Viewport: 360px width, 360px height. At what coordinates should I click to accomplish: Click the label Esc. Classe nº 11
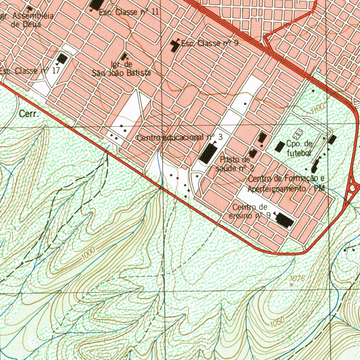129,12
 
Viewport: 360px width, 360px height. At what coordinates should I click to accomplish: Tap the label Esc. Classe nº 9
210,44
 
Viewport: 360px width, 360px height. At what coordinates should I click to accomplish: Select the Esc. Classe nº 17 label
30,71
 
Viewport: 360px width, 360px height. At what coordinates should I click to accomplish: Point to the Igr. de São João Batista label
121,69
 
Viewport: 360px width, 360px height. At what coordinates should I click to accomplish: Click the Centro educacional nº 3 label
180,137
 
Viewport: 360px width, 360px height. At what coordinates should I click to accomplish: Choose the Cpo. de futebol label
299,148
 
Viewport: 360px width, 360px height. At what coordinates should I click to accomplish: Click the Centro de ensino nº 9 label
250,211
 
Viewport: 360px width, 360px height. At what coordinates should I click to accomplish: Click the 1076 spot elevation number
297,278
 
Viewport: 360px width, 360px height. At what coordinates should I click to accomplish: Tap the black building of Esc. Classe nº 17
62,59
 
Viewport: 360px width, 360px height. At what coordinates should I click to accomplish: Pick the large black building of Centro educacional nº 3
208,153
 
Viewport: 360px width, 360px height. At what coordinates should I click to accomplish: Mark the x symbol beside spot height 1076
291,284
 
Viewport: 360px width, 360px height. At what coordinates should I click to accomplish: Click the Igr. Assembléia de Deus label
27,20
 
